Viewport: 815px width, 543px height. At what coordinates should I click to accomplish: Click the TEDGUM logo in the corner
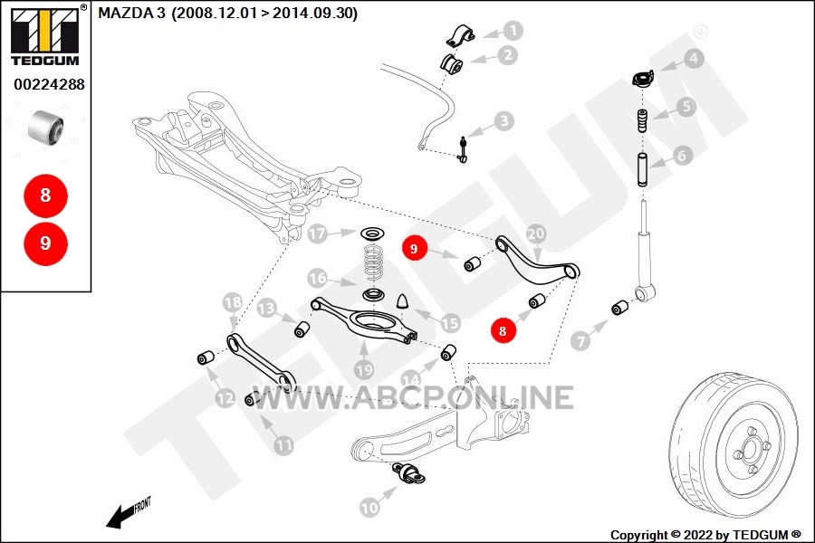coord(46,35)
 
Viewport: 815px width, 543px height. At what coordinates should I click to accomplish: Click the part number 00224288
coord(49,84)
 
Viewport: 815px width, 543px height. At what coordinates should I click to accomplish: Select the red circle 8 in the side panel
coord(46,195)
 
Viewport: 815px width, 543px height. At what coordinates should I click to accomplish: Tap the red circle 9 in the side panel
coord(46,243)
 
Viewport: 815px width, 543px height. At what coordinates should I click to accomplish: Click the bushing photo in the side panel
coord(46,129)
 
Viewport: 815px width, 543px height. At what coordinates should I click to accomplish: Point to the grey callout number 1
coord(513,31)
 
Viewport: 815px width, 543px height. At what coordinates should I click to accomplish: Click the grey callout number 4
coord(694,58)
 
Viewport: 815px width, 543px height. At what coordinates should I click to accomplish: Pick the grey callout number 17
coord(317,233)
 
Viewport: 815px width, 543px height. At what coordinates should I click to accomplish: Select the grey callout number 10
coord(369,507)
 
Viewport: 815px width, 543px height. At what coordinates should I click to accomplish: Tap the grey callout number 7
coord(580,341)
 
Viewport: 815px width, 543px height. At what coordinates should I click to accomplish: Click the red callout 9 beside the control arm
coord(414,248)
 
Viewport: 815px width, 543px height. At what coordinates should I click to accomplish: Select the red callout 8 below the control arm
coord(502,330)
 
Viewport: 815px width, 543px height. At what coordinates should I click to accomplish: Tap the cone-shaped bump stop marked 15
coord(404,302)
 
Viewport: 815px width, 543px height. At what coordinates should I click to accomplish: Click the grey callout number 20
coord(536,233)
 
